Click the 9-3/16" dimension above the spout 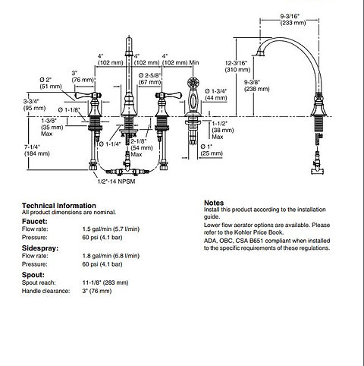293,19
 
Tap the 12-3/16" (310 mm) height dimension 237,66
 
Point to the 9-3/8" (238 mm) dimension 256,86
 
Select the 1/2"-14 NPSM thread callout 117,181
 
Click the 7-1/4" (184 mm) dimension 37,150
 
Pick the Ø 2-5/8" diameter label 150,78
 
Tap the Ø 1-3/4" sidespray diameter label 216,94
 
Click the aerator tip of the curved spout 260,54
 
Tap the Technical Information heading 59,205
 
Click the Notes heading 214,203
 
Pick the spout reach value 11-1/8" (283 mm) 105,282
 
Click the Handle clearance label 45,291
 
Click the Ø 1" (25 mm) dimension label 212,150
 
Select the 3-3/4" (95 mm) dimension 35,105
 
